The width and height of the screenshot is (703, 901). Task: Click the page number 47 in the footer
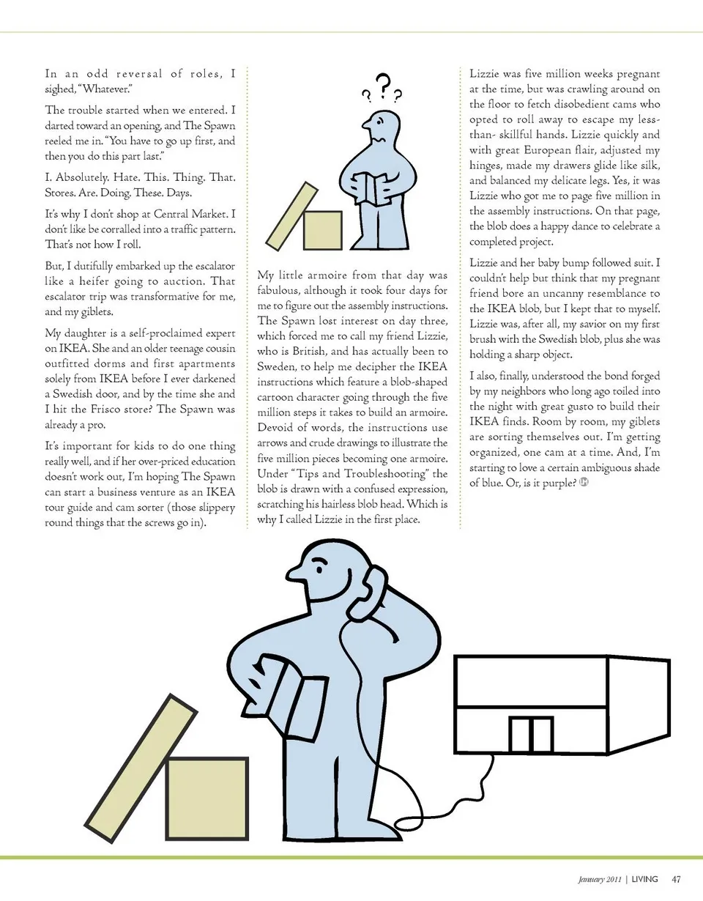677,879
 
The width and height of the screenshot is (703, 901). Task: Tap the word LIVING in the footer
644,879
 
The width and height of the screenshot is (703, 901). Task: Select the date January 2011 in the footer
596,879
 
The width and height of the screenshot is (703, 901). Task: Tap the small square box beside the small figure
322,231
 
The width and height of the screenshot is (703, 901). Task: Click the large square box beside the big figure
206,798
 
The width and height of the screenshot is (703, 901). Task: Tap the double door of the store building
531,735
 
